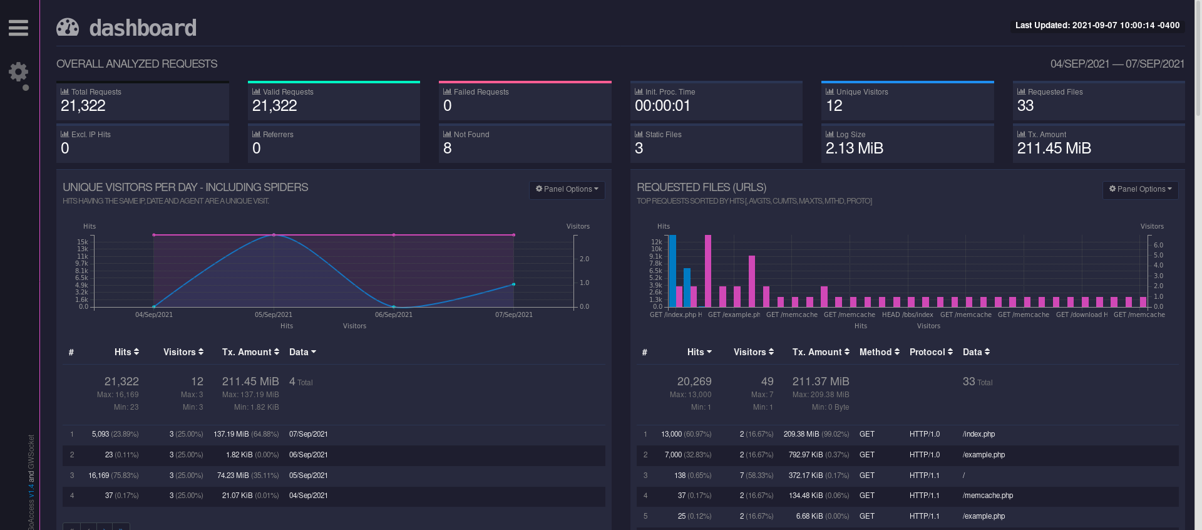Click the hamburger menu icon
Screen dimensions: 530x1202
18,28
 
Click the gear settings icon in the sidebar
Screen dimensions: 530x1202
18,72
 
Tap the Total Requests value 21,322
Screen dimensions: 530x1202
83,106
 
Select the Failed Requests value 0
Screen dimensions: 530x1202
447,106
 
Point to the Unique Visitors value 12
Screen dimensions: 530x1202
834,106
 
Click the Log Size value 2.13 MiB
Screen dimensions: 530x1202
854,148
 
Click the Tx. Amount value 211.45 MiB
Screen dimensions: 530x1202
1054,148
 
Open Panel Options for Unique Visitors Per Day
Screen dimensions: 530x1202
567,189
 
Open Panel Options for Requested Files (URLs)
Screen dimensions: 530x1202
1140,189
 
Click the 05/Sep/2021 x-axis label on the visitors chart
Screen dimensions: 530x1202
274,314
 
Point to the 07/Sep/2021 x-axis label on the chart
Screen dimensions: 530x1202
514,314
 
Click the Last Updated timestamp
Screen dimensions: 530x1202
1097,26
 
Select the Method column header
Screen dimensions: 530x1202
879,352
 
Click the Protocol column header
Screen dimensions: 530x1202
931,352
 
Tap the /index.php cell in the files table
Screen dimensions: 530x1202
979,434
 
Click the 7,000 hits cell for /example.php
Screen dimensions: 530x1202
673,455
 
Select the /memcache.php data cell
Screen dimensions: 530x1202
987,496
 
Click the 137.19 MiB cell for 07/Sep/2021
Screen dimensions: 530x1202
231,434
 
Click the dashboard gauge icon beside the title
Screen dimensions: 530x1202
68,28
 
